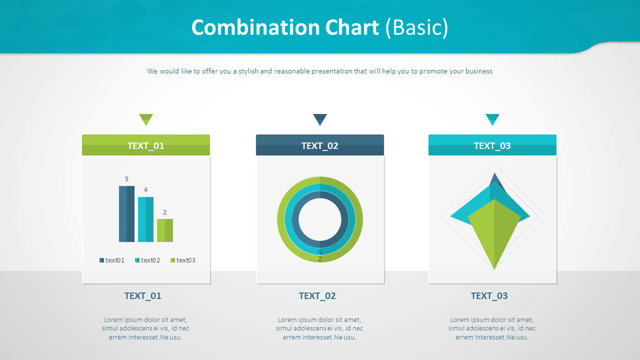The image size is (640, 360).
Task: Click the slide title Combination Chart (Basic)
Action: pyautogui.click(x=320, y=28)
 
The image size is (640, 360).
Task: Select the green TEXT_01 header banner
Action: pyautogui.click(x=146, y=145)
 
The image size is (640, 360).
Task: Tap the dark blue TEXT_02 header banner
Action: pyautogui.click(x=320, y=145)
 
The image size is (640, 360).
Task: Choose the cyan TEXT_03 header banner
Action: pyautogui.click(x=492, y=145)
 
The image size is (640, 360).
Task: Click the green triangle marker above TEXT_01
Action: pyautogui.click(x=146, y=118)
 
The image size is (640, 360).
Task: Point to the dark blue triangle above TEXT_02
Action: pyautogui.click(x=320, y=118)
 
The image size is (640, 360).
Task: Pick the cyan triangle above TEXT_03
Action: pyautogui.click(x=492, y=118)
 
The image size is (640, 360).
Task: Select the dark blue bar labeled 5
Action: pyautogui.click(x=126, y=214)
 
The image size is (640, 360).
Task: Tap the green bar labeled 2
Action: pyautogui.click(x=165, y=230)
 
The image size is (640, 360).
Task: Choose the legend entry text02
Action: pyautogui.click(x=147, y=260)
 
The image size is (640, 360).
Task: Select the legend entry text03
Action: pyautogui.click(x=183, y=260)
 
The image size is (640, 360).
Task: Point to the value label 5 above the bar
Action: pyautogui.click(x=126, y=179)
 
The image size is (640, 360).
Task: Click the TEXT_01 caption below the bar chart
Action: pyautogui.click(x=143, y=296)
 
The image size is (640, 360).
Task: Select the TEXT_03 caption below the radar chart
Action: pyautogui.click(x=489, y=296)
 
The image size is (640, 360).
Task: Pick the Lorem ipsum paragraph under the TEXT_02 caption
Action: pyautogui.click(x=319, y=328)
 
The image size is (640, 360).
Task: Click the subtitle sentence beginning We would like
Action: pyautogui.click(x=319, y=71)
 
